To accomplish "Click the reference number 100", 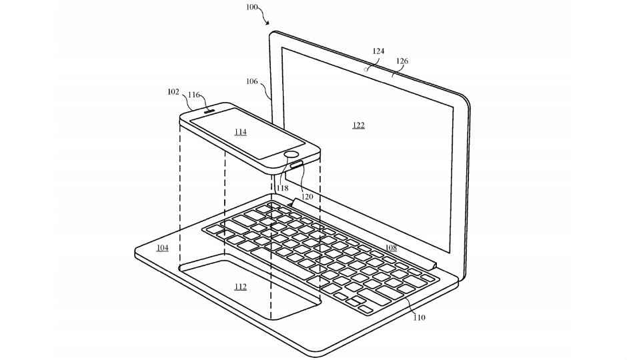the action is (x=252, y=7).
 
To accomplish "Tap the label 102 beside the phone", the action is (x=173, y=92).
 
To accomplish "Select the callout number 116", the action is (x=194, y=95).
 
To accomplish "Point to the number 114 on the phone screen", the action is (x=240, y=132).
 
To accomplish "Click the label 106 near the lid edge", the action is (x=252, y=81).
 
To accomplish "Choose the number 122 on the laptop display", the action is (x=359, y=125).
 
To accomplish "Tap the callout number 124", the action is (x=378, y=51).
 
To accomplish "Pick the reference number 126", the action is (x=402, y=61).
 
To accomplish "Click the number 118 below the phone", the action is (x=282, y=188).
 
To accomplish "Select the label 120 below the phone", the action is (x=307, y=197).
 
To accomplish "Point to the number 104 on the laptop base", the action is (x=162, y=248).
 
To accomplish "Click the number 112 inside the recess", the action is (x=240, y=287).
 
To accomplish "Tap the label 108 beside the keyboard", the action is (x=391, y=248).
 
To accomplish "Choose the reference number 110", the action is (x=419, y=317).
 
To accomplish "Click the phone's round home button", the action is (x=291, y=155).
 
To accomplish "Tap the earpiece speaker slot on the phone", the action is (x=210, y=111).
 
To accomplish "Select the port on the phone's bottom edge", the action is (x=297, y=164).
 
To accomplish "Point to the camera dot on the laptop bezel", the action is (x=366, y=69).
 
